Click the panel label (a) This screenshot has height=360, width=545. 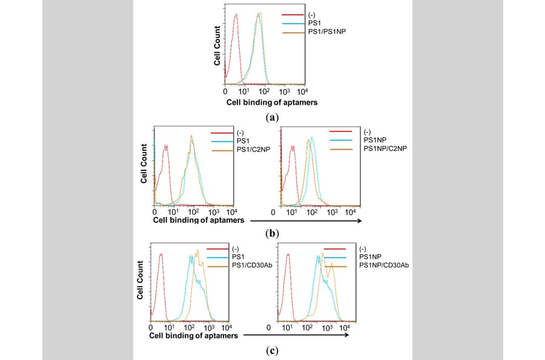[x=272, y=117]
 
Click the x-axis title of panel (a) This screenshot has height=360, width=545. [x=272, y=102]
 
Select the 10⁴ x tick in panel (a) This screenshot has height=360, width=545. [x=302, y=91]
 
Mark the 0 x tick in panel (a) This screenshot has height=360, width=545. [x=226, y=92]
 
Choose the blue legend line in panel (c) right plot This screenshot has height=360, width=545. [x=335, y=257]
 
